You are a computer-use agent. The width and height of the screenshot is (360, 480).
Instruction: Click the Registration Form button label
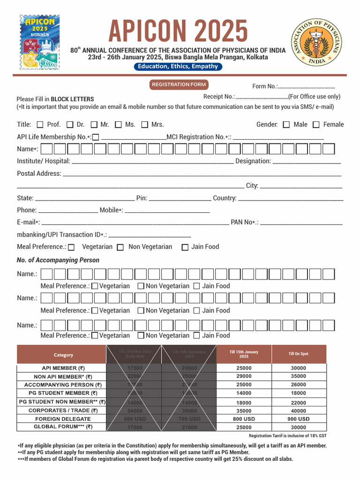tap(179, 85)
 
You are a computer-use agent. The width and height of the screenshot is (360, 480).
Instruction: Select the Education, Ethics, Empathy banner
tap(178, 67)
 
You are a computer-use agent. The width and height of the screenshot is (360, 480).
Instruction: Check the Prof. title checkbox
tap(39, 125)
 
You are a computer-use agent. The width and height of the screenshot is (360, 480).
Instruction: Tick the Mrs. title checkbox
tap(144, 125)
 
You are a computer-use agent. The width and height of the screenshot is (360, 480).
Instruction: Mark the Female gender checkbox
tap(316, 125)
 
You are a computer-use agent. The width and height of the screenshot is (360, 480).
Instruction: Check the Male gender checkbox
tap(286, 125)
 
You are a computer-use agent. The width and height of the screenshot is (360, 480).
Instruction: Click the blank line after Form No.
tap(307, 87)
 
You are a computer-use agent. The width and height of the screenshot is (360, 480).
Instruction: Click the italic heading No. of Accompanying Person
tap(58, 260)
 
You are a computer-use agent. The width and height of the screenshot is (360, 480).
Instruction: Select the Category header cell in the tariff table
tap(63, 355)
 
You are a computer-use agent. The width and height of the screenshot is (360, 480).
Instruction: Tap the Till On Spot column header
tap(298, 354)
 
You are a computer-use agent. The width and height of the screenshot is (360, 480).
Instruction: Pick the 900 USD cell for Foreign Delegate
tap(298, 419)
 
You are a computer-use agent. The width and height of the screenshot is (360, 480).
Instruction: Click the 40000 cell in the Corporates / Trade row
tap(298, 411)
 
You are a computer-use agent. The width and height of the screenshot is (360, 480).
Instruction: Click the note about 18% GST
tap(287, 436)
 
